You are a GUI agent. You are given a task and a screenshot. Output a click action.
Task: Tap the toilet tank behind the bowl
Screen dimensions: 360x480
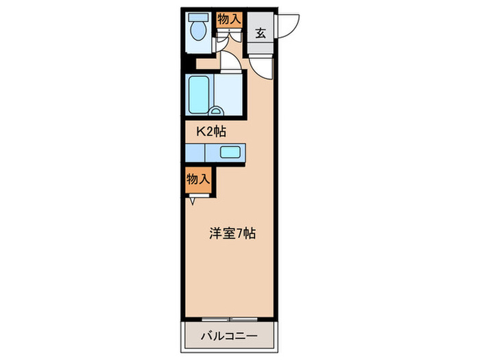click(199, 17)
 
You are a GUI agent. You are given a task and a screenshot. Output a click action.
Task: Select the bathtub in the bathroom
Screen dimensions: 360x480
click(197, 94)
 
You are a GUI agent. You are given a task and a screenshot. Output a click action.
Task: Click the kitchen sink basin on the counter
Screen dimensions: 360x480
click(229, 153)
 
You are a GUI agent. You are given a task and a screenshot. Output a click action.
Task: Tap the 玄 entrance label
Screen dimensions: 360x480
click(261, 32)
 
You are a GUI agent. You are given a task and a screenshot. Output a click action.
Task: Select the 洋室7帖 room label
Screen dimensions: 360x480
click(232, 233)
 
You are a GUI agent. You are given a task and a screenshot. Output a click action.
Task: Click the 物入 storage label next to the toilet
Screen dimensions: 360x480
click(229, 19)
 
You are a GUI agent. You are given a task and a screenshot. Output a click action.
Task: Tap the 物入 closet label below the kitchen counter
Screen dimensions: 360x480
click(197, 179)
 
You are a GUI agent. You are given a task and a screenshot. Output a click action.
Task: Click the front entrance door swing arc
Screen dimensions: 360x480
click(291, 23)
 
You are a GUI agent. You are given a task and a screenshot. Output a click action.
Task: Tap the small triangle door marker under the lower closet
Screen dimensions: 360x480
click(193, 200)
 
